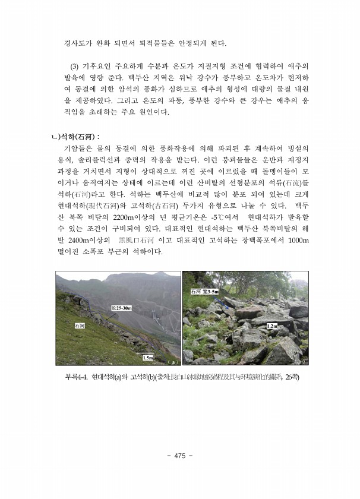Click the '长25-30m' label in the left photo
click(122, 308)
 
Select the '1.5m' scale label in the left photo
click(148, 357)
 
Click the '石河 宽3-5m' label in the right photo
click(204, 291)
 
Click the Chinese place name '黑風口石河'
click(137, 240)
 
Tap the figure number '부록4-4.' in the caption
click(77, 376)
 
